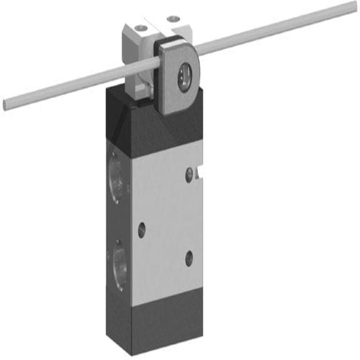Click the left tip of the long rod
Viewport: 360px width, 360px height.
[x=5, y=105]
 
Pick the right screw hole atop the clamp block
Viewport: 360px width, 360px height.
[x=172, y=18]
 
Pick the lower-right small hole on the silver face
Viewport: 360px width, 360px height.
[x=189, y=258]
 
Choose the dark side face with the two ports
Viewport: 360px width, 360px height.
[x=117, y=216]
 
